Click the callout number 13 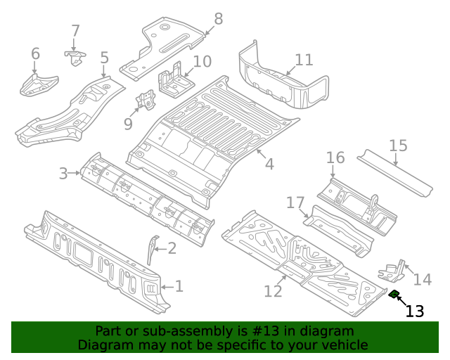click(x=416, y=311)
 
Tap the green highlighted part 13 click(x=395, y=295)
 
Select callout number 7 click(x=75, y=31)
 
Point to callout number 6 click(x=35, y=53)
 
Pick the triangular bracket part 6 click(x=35, y=84)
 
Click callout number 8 click(x=218, y=19)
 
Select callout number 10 click(x=202, y=61)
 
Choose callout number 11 click(x=304, y=60)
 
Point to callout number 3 click(x=63, y=173)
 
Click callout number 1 click(x=179, y=286)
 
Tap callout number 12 click(x=272, y=290)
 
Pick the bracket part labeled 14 click(x=392, y=270)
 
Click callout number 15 click(x=398, y=146)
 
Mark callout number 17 click(x=295, y=203)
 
